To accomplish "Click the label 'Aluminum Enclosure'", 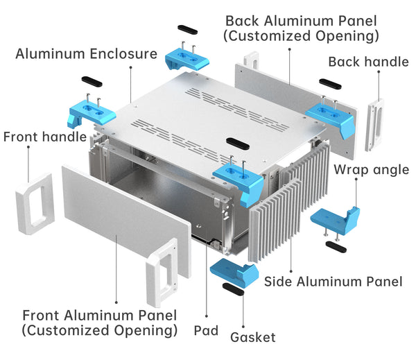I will pos(86,53).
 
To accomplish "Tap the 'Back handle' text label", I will pos(368,62).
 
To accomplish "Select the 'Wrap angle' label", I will pos(371,170).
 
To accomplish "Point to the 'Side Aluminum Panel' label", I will pos(333,281).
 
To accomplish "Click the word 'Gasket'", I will pos(252,337).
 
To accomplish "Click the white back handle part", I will pos(375,124).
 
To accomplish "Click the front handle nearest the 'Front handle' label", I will pos(33,203).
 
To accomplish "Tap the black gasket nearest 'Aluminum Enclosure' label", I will pos(93,82).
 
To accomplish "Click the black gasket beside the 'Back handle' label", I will pos(331,85).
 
